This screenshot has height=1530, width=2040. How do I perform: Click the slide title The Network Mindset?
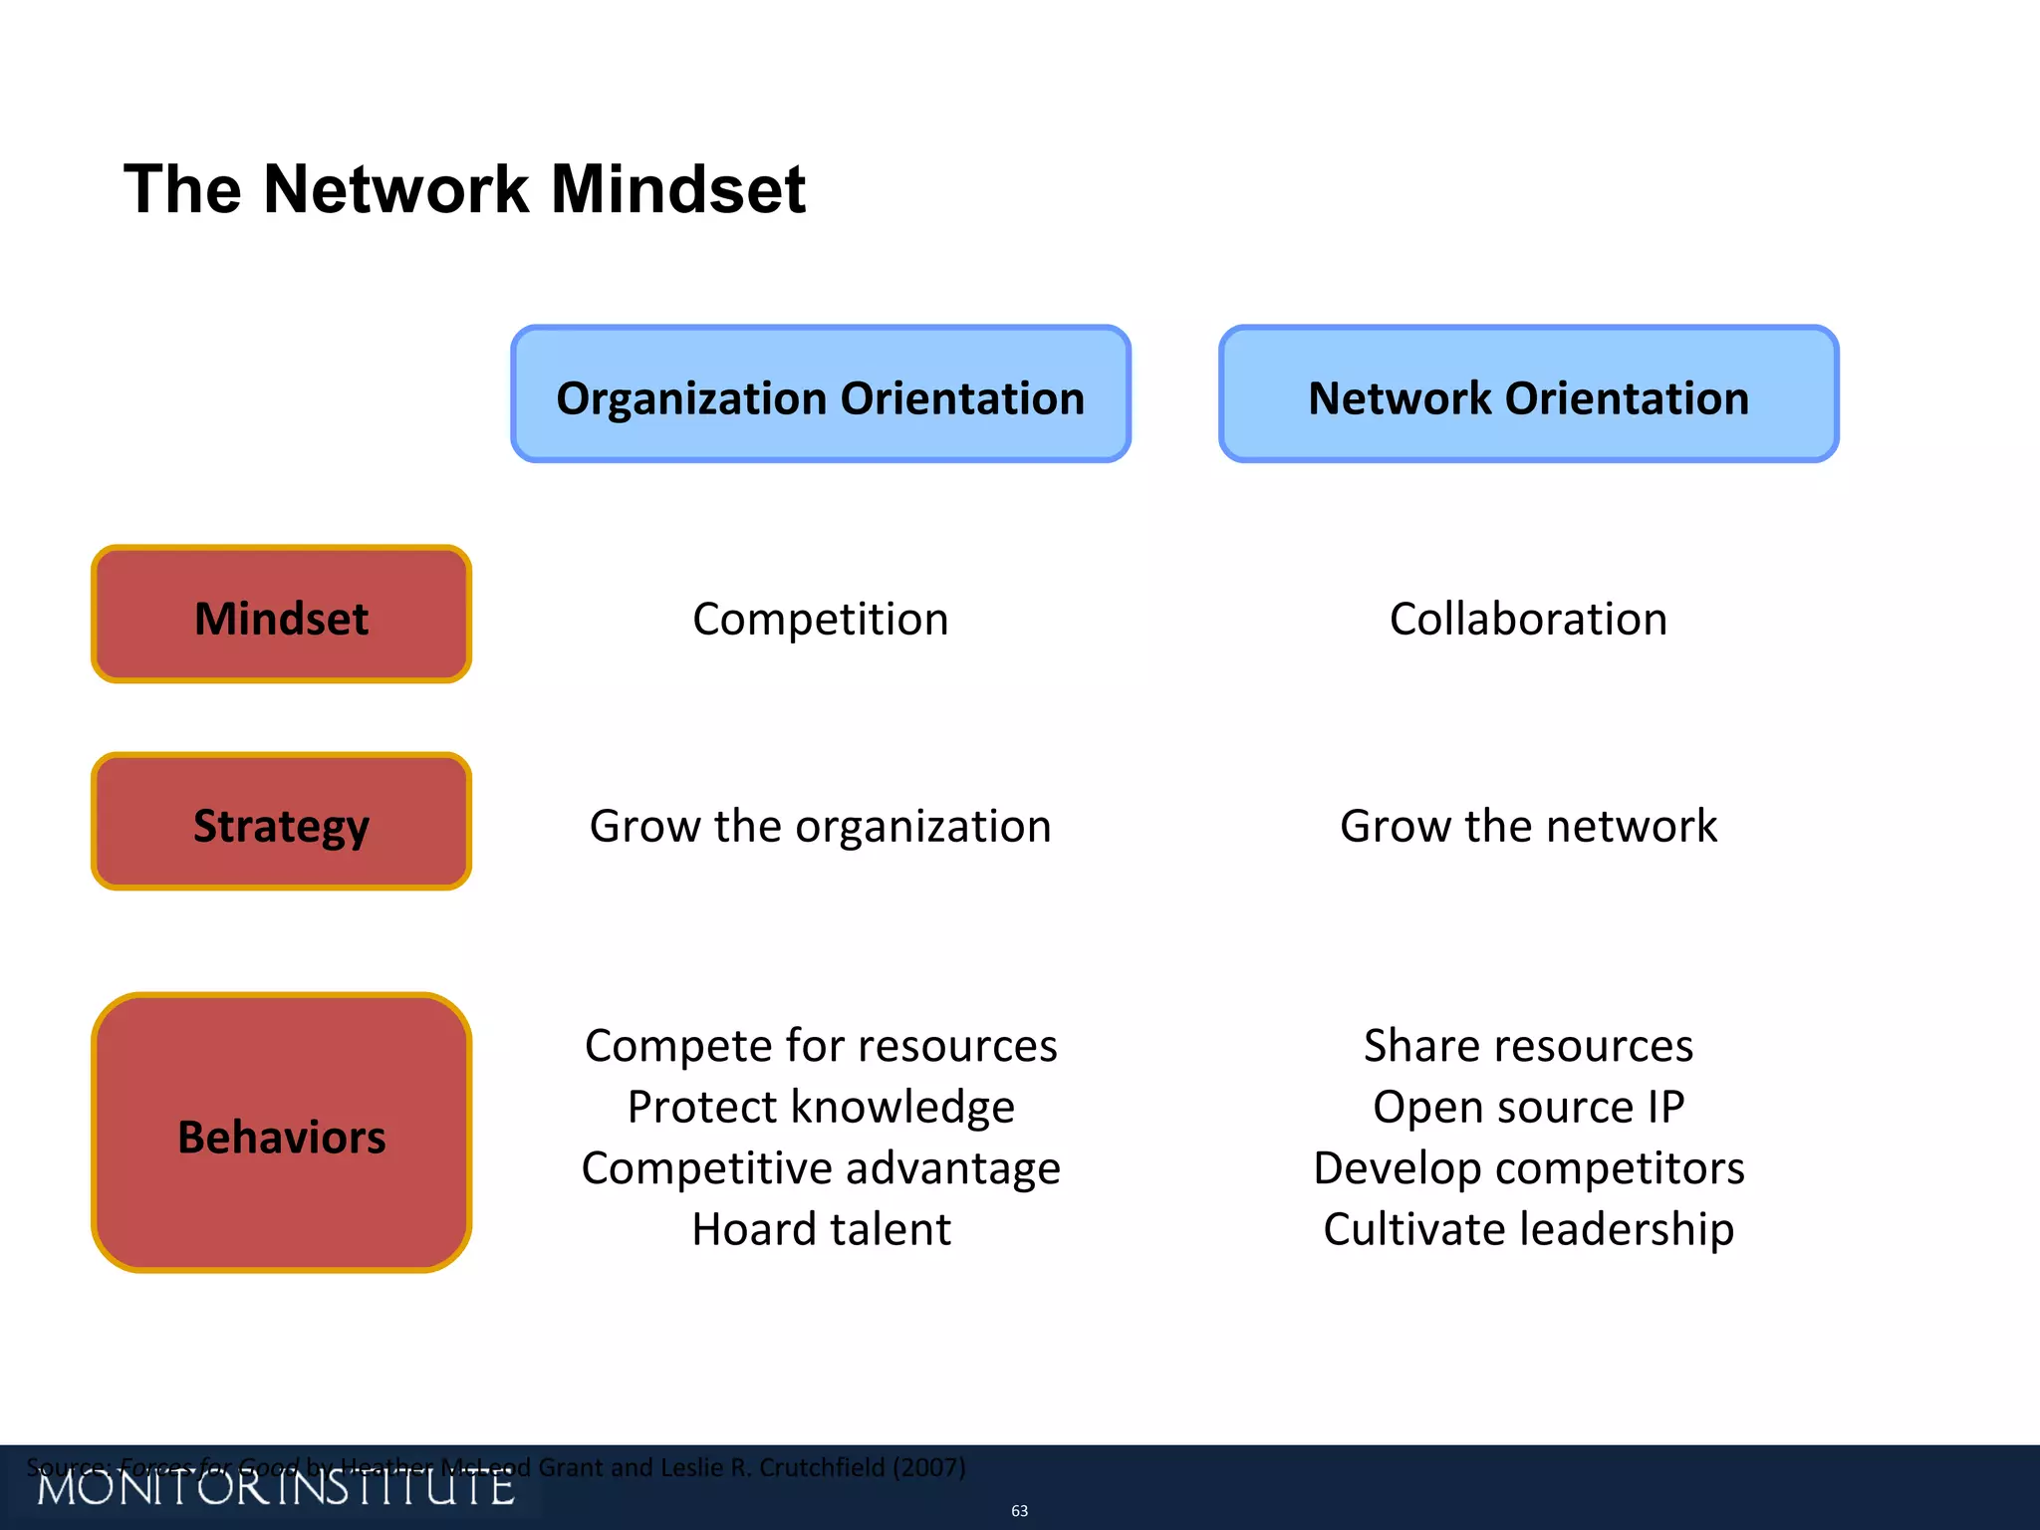(x=464, y=189)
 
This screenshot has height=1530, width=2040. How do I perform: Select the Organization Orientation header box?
(x=820, y=394)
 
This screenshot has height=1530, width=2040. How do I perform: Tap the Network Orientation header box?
(x=1528, y=394)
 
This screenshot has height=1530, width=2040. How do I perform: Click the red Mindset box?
(x=281, y=616)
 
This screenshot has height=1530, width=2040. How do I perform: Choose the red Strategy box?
(x=281, y=823)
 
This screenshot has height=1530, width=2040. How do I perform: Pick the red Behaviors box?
(x=281, y=1134)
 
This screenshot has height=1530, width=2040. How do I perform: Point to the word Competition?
(x=820, y=620)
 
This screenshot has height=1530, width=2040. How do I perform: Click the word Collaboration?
(x=1528, y=620)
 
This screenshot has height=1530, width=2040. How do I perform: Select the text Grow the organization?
(x=820, y=827)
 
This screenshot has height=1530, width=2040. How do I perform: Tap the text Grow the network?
(x=1528, y=827)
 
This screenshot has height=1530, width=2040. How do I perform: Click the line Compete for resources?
(x=820, y=1046)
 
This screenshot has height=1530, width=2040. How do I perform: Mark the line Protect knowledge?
(x=820, y=1108)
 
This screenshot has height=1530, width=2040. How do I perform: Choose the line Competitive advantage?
(x=820, y=1168)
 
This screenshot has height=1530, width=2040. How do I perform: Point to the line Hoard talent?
(x=820, y=1229)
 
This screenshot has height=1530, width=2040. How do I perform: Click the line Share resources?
(x=1528, y=1046)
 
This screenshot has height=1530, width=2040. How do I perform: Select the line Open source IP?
(x=1528, y=1108)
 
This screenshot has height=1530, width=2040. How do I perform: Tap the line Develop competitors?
(x=1528, y=1168)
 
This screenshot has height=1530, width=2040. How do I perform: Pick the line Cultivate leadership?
(x=1528, y=1229)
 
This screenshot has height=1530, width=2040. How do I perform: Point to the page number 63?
(x=1019, y=1511)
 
